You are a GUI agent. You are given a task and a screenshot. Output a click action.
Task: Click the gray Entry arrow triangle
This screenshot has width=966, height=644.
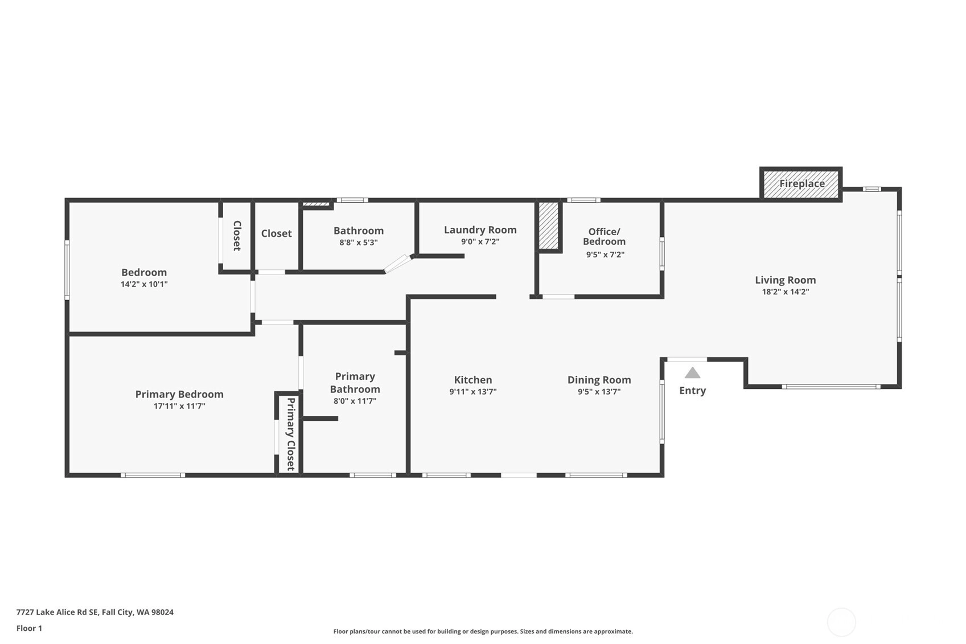tap(693, 373)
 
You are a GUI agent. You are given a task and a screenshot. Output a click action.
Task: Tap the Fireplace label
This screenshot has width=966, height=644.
tap(802, 183)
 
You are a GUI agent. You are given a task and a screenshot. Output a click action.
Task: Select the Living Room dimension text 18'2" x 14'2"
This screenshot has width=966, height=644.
tap(786, 292)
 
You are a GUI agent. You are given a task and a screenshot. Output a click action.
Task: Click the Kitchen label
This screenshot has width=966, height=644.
tap(473, 380)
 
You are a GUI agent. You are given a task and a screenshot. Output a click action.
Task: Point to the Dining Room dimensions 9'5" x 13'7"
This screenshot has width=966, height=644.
tap(599, 392)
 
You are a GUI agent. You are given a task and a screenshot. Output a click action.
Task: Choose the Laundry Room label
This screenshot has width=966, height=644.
tap(480, 230)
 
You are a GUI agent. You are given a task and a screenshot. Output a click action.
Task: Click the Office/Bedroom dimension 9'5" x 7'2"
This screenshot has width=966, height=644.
tap(605, 255)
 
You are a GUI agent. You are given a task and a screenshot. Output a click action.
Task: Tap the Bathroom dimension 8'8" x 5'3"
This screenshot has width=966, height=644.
tap(359, 243)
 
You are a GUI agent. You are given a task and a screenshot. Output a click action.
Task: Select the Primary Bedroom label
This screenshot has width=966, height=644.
tap(179, 394)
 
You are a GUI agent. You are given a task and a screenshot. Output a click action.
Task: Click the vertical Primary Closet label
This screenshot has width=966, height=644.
tap(291, 434)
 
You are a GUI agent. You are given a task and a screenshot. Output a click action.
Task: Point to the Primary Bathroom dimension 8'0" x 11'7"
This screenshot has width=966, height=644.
tap(355, 401)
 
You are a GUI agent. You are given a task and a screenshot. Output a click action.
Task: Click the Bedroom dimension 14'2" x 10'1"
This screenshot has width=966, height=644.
tap(144, 284)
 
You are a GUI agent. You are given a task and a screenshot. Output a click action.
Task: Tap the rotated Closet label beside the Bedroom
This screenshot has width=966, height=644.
tap(237, 236)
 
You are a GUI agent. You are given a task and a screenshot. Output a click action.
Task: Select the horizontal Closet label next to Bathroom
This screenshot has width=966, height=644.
tap(277, 233)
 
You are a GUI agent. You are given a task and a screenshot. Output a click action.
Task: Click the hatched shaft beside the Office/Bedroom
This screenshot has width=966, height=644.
tap(549, 225)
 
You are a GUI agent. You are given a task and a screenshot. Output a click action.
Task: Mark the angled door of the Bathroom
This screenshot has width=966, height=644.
tap(397, 264)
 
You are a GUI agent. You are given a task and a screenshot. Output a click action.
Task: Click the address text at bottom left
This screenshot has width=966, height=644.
tap(95, 612)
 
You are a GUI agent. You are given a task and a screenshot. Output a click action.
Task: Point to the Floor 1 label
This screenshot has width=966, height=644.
tap(30, 628)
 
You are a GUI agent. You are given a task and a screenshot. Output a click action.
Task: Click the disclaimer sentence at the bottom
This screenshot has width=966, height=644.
tap(483, 631)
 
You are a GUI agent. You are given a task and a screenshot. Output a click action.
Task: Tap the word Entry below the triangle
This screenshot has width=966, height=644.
tap(693, 391)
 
